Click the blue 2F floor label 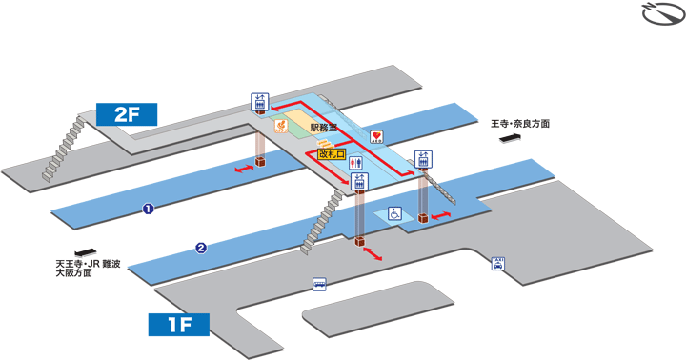pyautogui.click(x=128, y=115)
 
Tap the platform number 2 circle pyautogui.click(x=201, y=250)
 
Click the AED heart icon pyautogui.click(x=376, y=137)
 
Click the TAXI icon pyautogui.click(x=497, y=263)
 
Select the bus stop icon pyautogui.click(x=318, y=283)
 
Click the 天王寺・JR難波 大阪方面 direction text pyautogui.click(x=89, y=269)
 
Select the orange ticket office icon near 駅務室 pyautogui.click(x=281, y=125)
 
